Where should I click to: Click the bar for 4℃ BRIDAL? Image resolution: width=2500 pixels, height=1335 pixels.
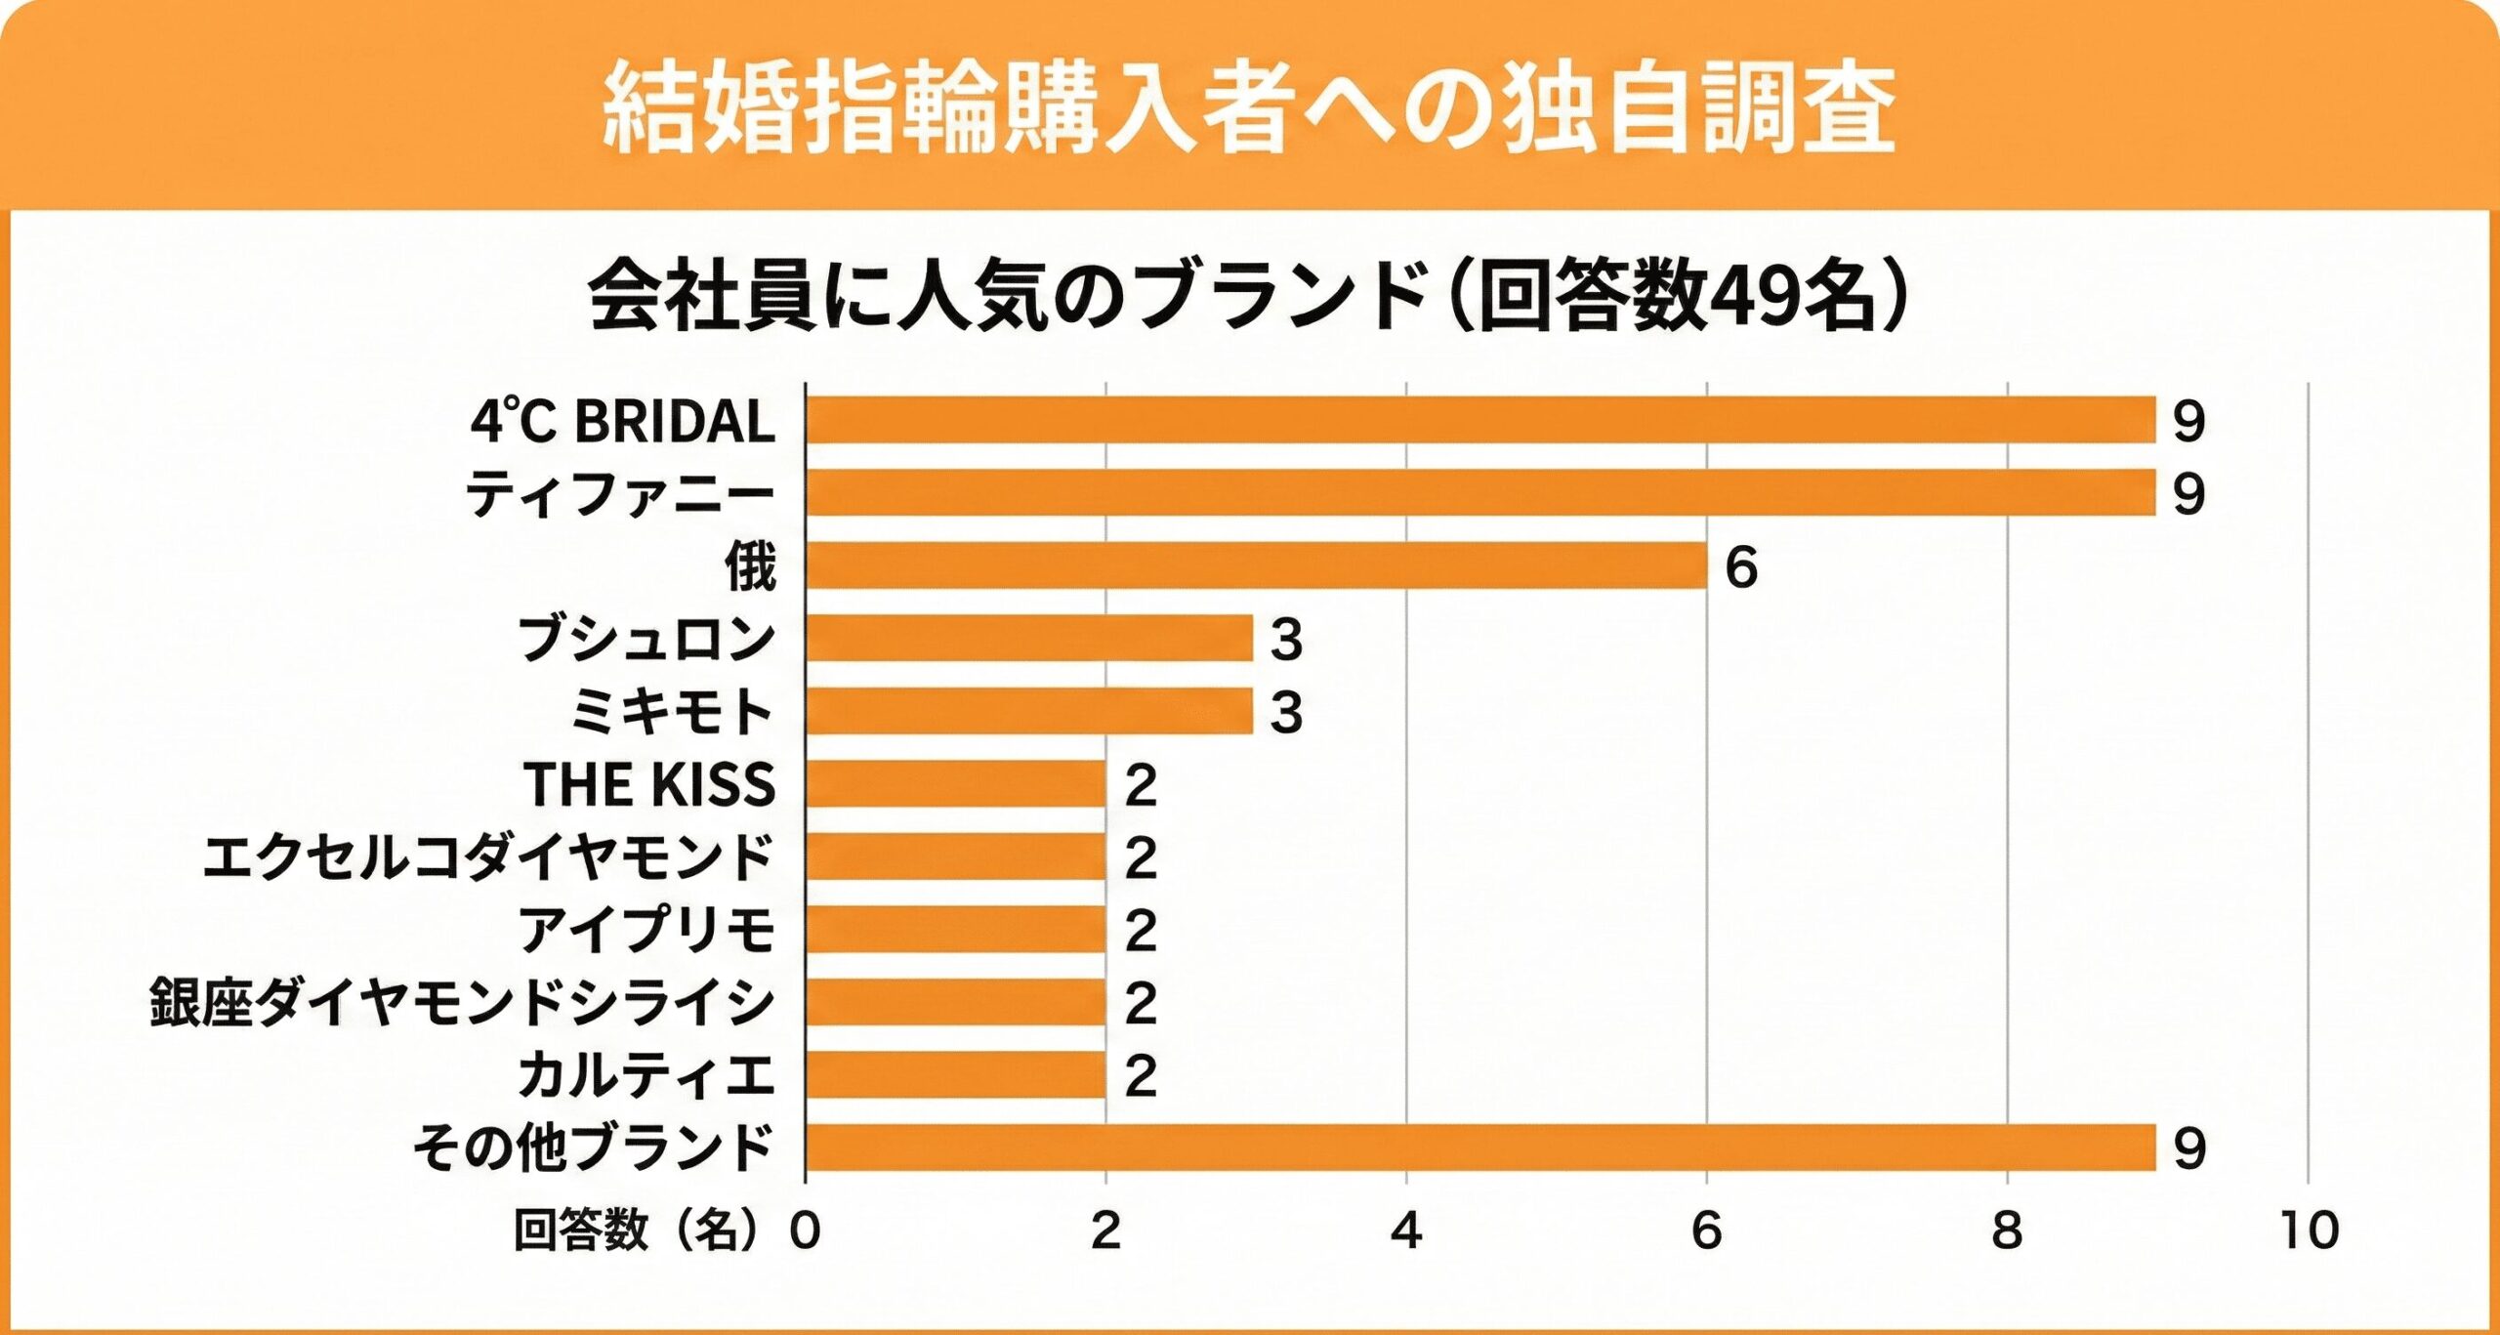[x=1479, y=420]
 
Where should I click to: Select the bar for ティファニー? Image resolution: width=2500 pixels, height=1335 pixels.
[x=1479, y=492]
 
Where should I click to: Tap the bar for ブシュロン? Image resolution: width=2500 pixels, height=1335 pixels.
[x=1029, y=638]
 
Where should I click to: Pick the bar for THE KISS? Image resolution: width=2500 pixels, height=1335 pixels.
[x=955, y=783]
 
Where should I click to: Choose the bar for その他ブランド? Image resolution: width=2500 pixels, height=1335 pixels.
[x=1479, y=1147]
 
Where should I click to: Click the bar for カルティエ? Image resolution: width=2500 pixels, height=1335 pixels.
[x=955, y=1074]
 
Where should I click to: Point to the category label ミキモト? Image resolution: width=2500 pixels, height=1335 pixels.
[x=672, y=711]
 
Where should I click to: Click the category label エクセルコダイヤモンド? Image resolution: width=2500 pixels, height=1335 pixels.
[x=488, y=856]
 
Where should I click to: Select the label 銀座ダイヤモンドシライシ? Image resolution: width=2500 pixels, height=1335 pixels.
[x=462, y=1002]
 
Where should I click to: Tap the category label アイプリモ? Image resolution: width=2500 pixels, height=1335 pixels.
[x=646, y=929]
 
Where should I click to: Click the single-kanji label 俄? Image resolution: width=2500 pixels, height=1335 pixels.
[x=750, y=565]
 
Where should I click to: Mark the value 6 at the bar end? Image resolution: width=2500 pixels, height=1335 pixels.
[x=1741, y=567]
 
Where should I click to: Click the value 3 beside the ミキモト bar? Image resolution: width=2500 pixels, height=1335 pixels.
[x=1286, y=713]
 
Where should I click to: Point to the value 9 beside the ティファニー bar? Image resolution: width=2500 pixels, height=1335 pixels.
[x=2188, y=494]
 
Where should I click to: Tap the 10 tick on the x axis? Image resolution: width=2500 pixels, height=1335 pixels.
[x=2310, y=1231]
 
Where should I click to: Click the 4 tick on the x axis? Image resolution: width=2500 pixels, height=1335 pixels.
[x=1406, y=1231]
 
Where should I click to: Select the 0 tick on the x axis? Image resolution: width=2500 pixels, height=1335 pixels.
[x=806, y=1231]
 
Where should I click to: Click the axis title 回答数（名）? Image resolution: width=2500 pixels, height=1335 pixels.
[x=636, y=1230]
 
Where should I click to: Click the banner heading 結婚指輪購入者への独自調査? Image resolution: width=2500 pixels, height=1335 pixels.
[x=1249, y=107]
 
